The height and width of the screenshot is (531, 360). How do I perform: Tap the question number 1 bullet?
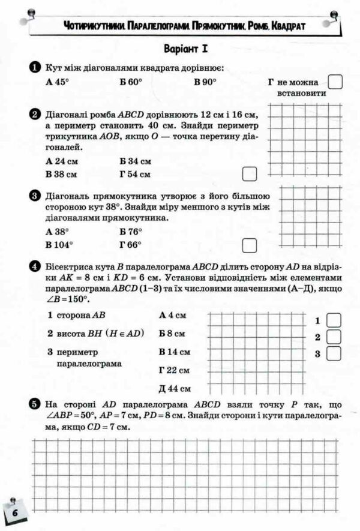point(35,68)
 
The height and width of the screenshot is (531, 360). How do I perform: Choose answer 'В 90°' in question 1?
point(205,83)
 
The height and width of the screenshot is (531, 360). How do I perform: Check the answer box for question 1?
point(335,82)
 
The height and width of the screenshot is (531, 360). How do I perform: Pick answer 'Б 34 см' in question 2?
point(135,161)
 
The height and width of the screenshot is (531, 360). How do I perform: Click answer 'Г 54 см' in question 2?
point(135,175)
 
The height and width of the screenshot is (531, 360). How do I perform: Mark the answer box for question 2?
point(249,174)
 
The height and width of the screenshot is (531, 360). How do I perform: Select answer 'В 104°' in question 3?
point(59,245)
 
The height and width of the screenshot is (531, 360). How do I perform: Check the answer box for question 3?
point(249,245)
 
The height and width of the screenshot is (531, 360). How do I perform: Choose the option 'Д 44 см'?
point(175,388)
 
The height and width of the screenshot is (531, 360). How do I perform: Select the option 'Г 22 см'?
point(175,370)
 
